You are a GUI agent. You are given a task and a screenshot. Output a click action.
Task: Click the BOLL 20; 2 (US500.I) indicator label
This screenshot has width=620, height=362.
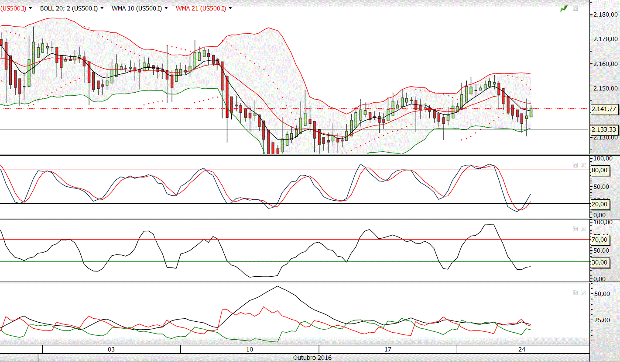click(x=69, y=8)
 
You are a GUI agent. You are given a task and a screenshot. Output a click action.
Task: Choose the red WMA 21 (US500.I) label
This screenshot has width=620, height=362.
click(x=201, y=8)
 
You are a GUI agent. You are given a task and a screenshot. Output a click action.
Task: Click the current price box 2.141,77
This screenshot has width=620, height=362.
click(x=604, y=109)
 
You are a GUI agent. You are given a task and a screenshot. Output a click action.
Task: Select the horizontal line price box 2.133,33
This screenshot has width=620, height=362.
click(x=604, y=129)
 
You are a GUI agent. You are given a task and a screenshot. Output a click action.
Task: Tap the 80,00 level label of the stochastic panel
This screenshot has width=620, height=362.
click(x=599, y=170)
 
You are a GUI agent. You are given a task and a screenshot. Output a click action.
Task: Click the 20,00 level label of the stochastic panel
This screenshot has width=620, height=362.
click(x=599, y=204)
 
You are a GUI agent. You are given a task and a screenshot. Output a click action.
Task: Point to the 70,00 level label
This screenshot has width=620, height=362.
click(x=599, y=240)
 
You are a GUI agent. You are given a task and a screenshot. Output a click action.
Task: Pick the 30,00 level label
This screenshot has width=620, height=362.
click(x=599, y=262)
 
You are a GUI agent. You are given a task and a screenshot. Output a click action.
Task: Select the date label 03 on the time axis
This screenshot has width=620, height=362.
click(x=111, y=349)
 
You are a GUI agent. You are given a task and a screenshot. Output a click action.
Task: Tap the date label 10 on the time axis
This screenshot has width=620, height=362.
click(x=250, y=349)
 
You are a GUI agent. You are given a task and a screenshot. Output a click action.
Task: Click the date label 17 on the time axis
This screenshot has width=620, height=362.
click(x=388, y=349)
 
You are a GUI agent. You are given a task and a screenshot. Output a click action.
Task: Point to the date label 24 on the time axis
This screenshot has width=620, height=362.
click(x=522, y=349)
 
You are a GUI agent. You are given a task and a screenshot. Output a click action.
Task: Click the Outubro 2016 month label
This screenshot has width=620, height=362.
click(x=312, y=358)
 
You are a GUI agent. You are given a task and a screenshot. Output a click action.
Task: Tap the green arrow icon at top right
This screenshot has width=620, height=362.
click(x=564, y=8)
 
